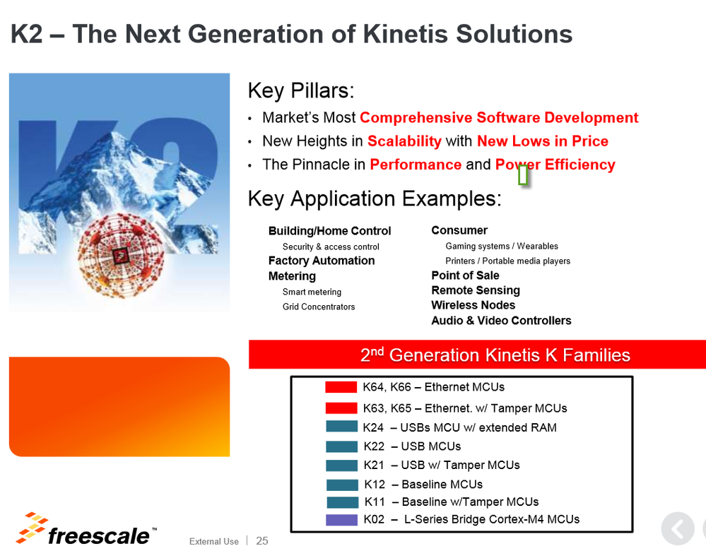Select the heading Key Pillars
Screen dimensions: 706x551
301,90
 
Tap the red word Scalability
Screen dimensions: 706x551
404,141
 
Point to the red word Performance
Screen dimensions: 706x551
416,165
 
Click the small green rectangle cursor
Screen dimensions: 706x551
523,174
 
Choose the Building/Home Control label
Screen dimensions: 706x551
329,231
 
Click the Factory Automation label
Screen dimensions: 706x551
322,261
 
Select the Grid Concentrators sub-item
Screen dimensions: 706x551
319,307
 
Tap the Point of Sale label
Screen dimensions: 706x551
465,275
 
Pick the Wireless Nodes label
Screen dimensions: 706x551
473,305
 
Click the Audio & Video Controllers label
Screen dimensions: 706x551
501,321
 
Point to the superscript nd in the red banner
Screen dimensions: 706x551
377,350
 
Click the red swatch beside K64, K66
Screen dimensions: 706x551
341,387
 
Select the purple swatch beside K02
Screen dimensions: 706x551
342,520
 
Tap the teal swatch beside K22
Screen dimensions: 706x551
342,446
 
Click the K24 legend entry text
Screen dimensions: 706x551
459,427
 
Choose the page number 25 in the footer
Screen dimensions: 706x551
262,540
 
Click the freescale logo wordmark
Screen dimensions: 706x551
98,535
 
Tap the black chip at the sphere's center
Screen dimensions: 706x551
121,256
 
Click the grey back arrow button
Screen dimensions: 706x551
678,528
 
